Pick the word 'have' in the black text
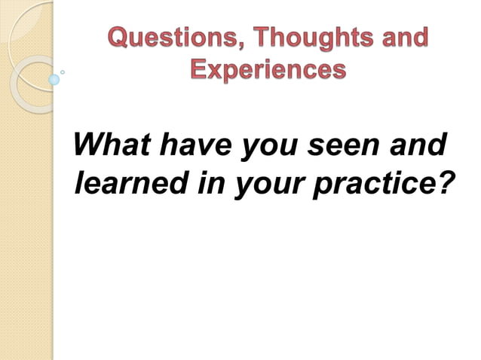pos(195,144)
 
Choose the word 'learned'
pos(129,183)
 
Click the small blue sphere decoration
pos(54,79)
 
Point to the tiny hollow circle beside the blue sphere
pos(63,72)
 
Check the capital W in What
pos(88,143)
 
